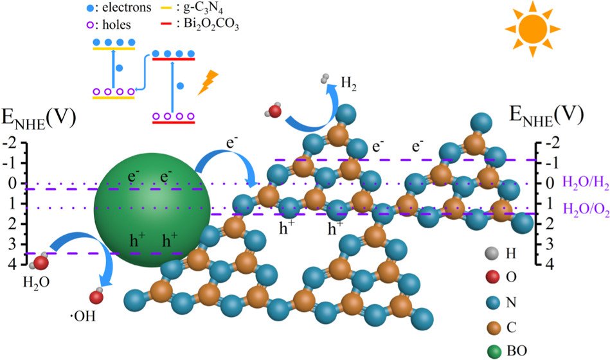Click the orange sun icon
(x=528, y=29)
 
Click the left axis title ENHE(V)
(x=40, y=118)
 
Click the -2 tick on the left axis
(x=12, y=143)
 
